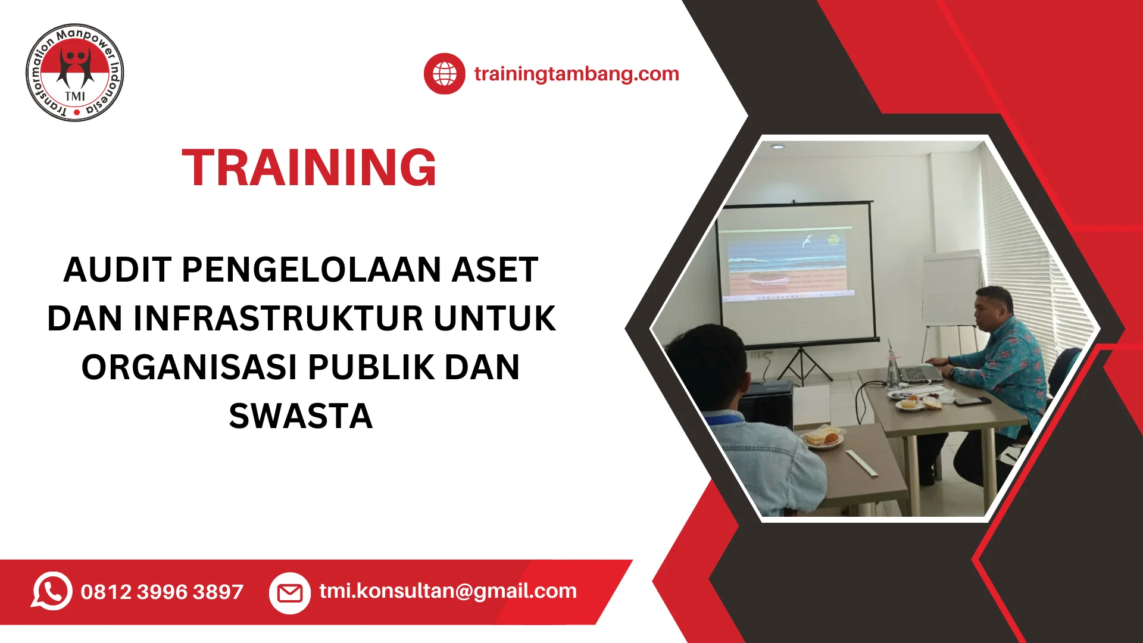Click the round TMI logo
75,73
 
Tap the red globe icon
444,74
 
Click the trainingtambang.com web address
576,74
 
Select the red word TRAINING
309,168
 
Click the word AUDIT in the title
117,270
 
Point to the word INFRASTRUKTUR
278,319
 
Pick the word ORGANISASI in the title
189,367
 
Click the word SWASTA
301,416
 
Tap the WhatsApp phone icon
52,591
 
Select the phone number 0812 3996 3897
162,592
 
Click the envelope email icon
290,593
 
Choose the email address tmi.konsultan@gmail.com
448,591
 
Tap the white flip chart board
951,289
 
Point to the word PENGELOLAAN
311,270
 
